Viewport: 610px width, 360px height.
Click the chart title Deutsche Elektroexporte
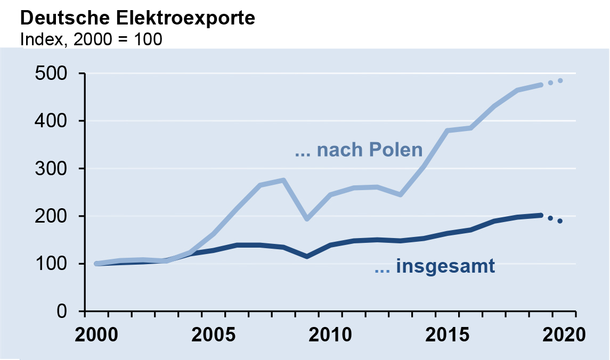137,18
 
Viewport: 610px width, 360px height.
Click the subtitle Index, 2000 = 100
91,39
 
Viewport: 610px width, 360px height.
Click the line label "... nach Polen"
359,150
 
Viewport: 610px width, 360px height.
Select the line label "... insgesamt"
435,266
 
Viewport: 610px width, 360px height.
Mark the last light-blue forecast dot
560,81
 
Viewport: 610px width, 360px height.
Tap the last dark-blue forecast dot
560,221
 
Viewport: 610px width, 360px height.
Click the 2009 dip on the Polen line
307,219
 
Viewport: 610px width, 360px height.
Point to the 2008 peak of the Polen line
283,180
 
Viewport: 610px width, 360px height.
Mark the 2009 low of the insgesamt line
307,256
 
